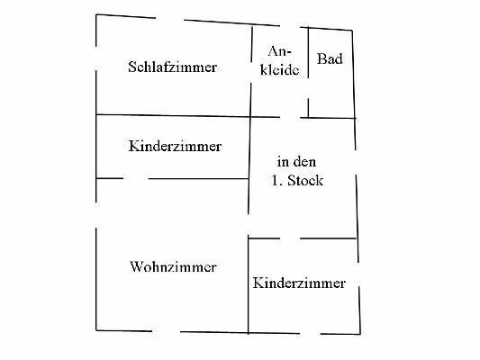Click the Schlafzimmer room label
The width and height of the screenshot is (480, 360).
pos(173,67)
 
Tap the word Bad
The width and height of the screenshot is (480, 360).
pos(330,58)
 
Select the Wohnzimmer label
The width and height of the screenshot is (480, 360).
pos(174,266)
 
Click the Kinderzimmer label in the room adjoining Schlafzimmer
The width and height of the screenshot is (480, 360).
pos(175,146)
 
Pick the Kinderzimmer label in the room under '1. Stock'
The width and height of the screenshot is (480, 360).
pos(299,283)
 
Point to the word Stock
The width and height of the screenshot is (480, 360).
pos(305,180)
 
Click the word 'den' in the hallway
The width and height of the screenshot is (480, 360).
pos(304,161)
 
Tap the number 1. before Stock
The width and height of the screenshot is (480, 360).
pos(276,181)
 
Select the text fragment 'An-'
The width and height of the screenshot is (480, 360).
pos(279,51)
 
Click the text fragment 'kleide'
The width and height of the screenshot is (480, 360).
pos(279,69)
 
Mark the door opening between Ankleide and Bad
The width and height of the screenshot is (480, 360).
pos(308,88)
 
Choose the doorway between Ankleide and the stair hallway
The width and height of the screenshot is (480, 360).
pos(290,117)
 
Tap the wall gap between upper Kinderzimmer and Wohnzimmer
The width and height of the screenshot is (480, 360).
pos(136,178)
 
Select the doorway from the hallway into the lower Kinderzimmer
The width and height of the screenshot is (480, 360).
pos(290,238)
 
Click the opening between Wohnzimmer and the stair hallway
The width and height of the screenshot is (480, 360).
pos(249,224)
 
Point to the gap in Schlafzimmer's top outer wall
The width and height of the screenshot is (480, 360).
pos(170,19)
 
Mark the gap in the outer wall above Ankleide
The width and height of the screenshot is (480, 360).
pos(290,27)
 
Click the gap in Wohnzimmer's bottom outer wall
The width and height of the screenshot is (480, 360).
pos(167,331)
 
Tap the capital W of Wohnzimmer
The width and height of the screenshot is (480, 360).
pos(136,266)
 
